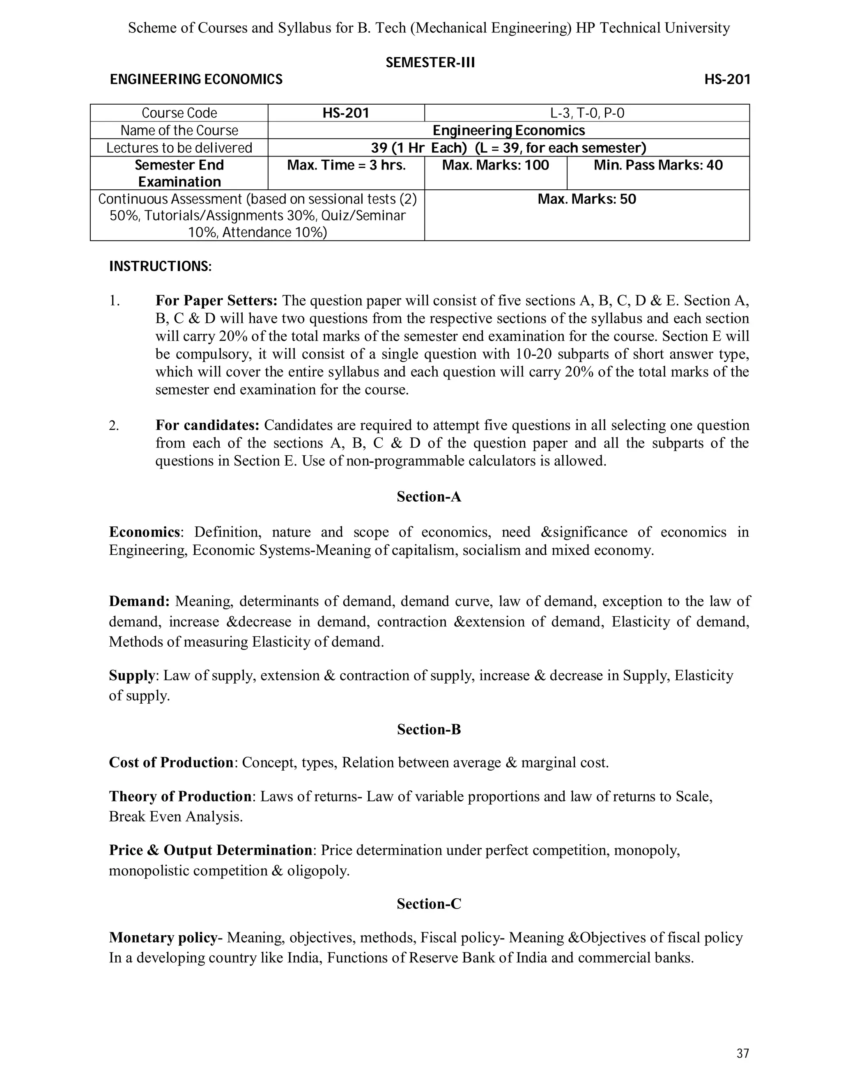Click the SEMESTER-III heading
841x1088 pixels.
point(430,63)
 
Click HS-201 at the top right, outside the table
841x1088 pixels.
point(726,80)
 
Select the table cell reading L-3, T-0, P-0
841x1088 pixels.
point(586,113)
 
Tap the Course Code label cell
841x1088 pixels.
point(179,113)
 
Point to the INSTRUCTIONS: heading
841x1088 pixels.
point(161,266)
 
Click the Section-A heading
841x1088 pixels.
point(428,497)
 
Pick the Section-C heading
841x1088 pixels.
point(428,904)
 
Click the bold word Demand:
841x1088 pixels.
point(140,601)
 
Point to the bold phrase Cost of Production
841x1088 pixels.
point(171,763)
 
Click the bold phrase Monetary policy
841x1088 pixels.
point(163,938)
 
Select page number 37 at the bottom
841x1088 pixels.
point(742,1054)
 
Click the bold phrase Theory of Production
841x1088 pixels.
point(180,796)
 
